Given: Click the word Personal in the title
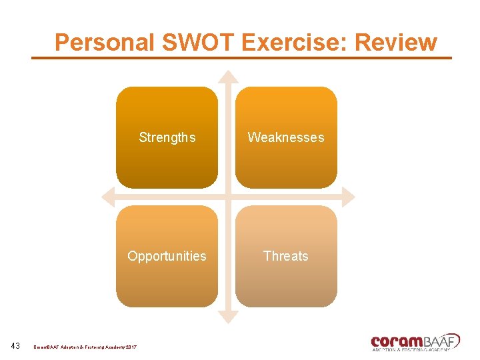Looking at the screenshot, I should (105, 42).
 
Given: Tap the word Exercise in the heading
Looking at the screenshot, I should (295, 42).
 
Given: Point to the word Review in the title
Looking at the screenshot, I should (396, 42).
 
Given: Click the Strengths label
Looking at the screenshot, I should (167, 137).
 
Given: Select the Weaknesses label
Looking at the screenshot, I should (286, 137).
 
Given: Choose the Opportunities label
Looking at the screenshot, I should (167, 256).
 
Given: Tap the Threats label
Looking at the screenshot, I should (286, 256).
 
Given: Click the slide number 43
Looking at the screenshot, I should (16, 346).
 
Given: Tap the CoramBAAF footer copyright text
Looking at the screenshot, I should (85, 347).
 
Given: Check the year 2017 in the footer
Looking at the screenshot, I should (129, 347).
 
